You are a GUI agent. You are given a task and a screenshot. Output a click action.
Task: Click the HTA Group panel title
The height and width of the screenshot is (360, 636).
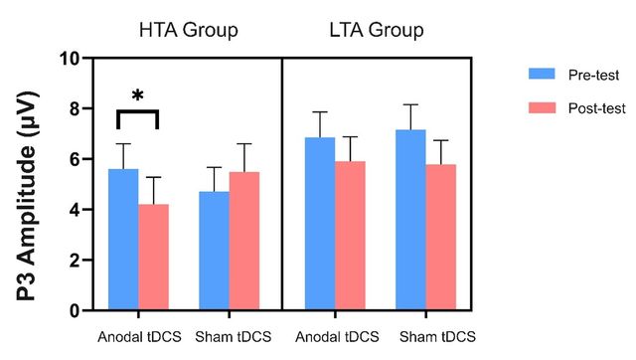(188, 31)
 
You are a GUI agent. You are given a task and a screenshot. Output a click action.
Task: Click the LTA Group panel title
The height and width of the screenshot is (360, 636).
(377, 31)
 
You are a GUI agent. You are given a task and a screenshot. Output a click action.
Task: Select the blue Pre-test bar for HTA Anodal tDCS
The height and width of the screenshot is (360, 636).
(123, 240)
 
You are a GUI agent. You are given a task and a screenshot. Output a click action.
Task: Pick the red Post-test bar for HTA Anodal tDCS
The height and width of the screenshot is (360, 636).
(154, 257)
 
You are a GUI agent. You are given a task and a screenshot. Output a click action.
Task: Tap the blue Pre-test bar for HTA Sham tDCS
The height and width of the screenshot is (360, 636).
(215, 251)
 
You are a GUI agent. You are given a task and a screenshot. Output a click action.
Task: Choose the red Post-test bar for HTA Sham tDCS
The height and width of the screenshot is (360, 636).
(244, 241)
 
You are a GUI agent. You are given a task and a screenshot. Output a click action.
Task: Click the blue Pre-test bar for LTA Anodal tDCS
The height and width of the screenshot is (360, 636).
(320, 224)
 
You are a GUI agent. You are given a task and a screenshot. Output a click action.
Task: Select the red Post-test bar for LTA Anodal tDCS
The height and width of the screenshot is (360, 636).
(351, 236)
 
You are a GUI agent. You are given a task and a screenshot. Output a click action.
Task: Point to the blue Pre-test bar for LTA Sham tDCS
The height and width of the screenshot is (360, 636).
(410, 220)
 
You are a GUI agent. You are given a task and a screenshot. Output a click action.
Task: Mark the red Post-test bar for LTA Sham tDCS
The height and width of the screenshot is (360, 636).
(441, 238)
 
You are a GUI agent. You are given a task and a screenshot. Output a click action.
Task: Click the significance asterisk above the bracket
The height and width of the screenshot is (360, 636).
(137, 96)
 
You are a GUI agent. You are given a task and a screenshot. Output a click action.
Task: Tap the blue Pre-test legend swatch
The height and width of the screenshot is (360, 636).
(542, 74)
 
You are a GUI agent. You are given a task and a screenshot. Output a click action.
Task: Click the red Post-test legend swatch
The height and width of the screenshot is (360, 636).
(542, 107)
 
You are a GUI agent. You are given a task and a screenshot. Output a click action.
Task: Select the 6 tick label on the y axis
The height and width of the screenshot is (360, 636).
(74, 159)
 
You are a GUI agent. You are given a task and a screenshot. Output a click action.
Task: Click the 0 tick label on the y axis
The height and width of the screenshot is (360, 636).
(74, 311)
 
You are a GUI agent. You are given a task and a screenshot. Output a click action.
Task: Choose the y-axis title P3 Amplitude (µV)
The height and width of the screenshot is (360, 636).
(28, 197)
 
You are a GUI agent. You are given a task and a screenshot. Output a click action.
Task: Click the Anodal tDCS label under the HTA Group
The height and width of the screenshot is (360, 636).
(139, 337)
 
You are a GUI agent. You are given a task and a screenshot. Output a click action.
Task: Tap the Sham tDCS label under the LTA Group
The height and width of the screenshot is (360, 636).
(437, 337)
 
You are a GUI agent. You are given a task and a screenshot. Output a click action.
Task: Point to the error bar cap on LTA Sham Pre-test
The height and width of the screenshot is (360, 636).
(410, 104)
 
